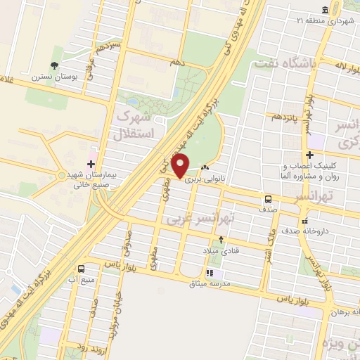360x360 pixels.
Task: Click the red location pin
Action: coord(181,167)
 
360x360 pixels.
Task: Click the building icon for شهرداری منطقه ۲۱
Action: coord(325,10)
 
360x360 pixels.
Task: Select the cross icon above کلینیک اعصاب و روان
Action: coord(310,155)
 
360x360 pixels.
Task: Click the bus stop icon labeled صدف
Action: coord(268,199)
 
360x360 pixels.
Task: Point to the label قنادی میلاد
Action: coord(221,250)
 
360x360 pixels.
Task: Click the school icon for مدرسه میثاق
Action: coord(209,274)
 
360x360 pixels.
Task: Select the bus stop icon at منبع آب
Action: coord(82,269)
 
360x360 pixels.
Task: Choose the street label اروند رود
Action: coord(74,346)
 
